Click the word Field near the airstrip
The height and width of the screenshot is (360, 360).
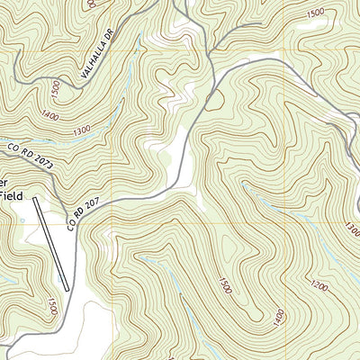[10, 193]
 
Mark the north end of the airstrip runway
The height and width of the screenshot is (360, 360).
[35, 198]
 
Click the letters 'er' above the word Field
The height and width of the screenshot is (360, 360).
[6, 177]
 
